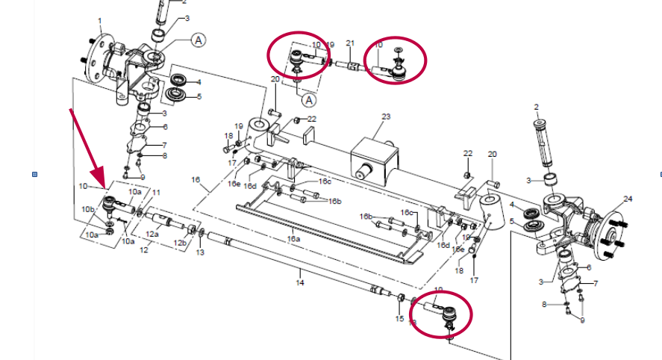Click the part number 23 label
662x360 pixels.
point(386,117)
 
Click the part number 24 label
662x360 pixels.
point(628,199)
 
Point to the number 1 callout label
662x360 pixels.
point(100,20)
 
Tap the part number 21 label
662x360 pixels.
point(350,43)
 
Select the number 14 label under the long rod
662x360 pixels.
point(300,283)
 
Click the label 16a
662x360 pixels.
point(293,239)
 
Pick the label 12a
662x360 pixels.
point(152,235)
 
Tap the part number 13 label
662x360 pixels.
point(199,253)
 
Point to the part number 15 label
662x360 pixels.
point(399,319)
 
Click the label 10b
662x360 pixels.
point(88,209)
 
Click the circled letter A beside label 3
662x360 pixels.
point(199,40)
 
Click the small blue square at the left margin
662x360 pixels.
point(34,175)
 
